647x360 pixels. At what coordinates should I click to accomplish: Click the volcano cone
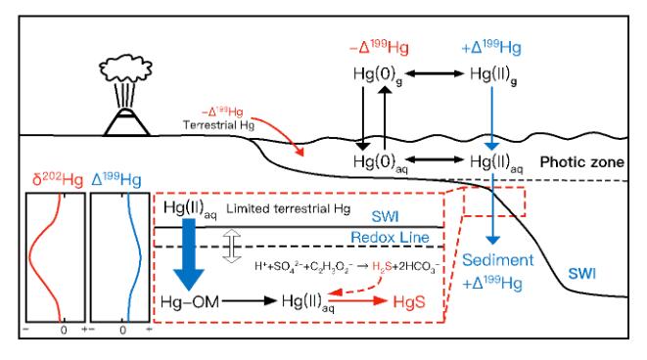click(x=126, y=122)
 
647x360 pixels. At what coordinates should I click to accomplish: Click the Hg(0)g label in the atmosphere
click(x=378, y=75)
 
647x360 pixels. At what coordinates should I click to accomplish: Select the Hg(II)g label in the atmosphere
click(x=493, y=75)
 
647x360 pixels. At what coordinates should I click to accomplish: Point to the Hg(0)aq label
click(x=380, y=162)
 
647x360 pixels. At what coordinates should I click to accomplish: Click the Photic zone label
click(x=581, y=162)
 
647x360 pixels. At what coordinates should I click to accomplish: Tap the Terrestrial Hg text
click(x=218, y=125)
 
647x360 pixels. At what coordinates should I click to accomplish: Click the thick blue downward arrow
click(x=189, y=254)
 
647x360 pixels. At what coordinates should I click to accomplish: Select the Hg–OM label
click(x=189, y=302)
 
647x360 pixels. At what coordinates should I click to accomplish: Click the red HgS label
click(x=409, y=302)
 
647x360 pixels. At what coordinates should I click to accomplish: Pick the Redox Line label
click(x=390, y=237)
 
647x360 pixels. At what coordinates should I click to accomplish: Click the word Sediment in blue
click(x=497, y=260)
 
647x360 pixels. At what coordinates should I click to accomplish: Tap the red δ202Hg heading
click(x=58, y=179)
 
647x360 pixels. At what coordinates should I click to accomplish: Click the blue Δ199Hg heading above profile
click(x=116, y=179)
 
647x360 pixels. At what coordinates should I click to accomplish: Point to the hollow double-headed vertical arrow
click(x=232, y=247)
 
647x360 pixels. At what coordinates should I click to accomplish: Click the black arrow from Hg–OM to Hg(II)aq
click(x=250, y=301)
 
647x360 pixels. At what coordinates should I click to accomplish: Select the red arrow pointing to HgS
click(x=358, y=300)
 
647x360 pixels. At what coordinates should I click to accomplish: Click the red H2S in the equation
click(x=382, y=266)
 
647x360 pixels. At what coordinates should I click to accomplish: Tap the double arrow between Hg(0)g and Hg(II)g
click(x=436, y=73)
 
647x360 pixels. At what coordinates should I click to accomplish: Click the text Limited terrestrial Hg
click(x=288, y=208)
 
